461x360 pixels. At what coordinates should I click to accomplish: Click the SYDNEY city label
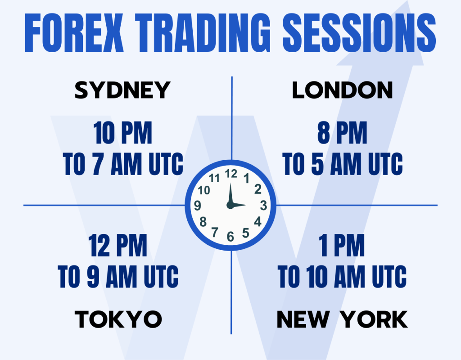[122, 90]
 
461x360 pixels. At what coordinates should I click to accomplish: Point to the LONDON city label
[342, 90]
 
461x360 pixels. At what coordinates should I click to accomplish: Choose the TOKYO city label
[118, 319]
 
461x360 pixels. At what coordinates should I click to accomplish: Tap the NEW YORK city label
[342, 319]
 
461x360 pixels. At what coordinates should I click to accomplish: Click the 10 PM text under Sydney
[123, 133]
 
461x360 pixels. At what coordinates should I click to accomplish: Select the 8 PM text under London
[342, 133]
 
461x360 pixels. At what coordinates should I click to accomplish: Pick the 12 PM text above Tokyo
[118, 246]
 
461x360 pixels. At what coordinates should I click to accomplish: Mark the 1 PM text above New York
[342, 246]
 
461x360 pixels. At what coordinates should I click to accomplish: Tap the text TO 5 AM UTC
[342, 165]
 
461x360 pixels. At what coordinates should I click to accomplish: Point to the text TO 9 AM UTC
[118, 277]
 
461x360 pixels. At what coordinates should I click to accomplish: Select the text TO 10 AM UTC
[342, 277]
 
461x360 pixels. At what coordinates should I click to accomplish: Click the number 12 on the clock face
[230, 174]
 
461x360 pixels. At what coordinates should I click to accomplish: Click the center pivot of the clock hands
[230, 206]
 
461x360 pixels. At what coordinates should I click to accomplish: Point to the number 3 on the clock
[263, 206]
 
